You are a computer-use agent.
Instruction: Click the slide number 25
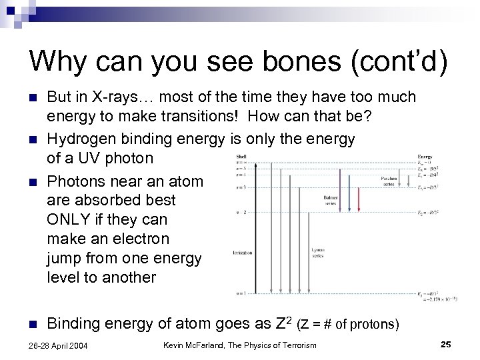446,344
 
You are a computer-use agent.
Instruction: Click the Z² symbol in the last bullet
283,323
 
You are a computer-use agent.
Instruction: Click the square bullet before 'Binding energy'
33,325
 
